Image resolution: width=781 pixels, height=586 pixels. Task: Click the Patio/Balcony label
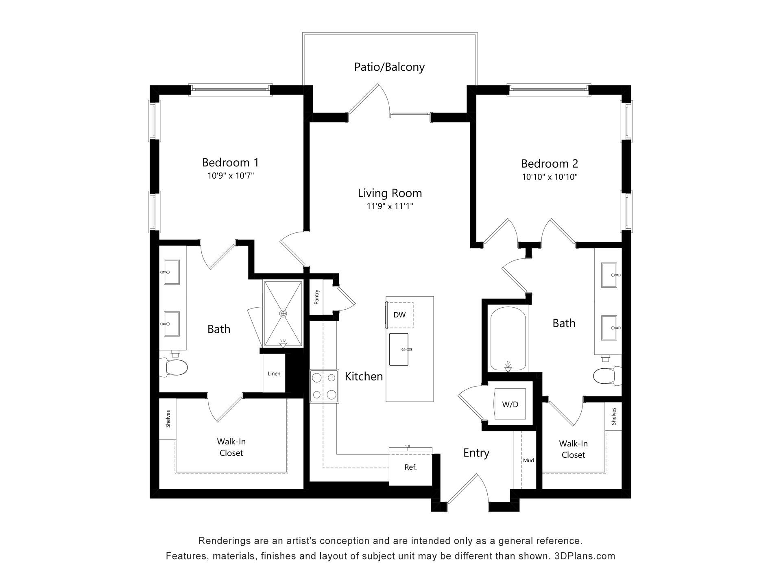coord(389,67)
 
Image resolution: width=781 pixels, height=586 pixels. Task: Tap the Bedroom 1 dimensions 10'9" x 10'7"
coord(231,176)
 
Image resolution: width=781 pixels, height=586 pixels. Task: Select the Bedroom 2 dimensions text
coord(550,177)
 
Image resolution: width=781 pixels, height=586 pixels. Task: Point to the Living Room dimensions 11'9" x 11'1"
coord(390,206)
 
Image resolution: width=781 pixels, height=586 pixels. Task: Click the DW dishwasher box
coord(399,315)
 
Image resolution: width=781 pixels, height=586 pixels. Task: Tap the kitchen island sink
coord(399,349)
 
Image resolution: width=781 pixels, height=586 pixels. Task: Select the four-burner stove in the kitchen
coord(324,386)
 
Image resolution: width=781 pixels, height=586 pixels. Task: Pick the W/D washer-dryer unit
coord(510,404)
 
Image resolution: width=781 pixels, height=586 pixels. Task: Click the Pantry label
coord(316,297)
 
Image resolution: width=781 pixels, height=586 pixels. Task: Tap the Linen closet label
coord(274,374)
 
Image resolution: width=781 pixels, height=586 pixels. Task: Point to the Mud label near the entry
coord(528,460)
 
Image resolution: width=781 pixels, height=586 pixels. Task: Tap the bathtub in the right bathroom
coord(508,339)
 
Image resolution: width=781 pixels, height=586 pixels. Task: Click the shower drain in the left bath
coord(283,313)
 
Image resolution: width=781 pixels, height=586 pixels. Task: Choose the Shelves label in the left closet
coord(168,418)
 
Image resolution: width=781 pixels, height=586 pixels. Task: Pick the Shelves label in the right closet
coord(613,416)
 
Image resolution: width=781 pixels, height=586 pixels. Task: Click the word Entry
coord(476,453)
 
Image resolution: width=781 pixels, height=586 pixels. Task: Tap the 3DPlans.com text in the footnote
coord(585,556)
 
